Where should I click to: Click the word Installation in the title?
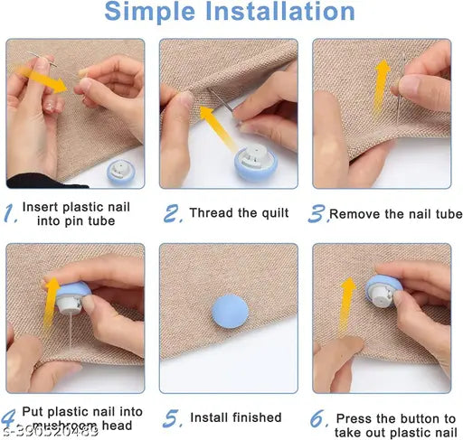286,13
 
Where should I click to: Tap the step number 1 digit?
9,213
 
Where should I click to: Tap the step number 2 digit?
173,214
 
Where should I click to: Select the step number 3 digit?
317,214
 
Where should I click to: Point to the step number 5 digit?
171,419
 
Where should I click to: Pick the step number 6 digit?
317,419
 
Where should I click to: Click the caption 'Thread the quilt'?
239,214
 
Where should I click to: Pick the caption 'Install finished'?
235,418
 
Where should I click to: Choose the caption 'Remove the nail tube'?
395,215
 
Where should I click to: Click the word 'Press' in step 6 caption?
353,418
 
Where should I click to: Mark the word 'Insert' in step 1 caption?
42,207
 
